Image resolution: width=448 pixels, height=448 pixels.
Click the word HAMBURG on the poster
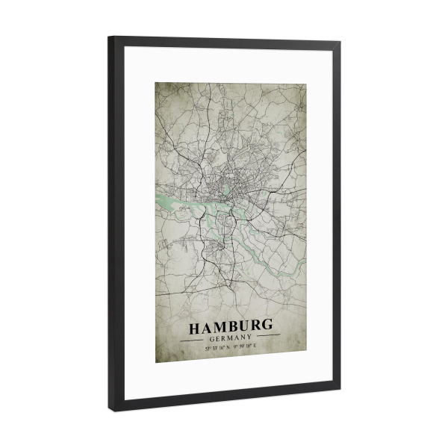(231, 328)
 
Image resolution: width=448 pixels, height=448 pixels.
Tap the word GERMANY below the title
(231, 338)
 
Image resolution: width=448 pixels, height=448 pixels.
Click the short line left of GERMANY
(196, 337)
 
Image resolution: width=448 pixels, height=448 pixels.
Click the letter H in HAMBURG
(196, 328)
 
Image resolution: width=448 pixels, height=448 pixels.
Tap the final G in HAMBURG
(267, 328)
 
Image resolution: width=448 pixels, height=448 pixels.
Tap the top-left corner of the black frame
(110, 37)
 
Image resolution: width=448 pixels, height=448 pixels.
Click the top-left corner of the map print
(156, 82)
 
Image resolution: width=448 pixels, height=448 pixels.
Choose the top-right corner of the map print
(305, 83)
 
